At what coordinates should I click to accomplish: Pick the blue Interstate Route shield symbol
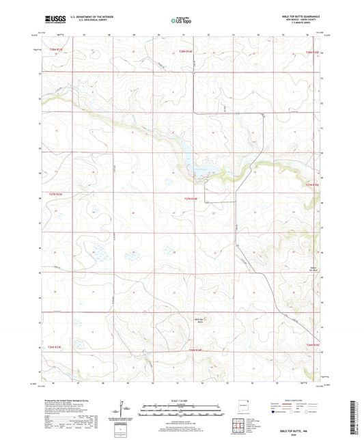point(275,415)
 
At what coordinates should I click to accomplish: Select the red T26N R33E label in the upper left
point(55,50)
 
